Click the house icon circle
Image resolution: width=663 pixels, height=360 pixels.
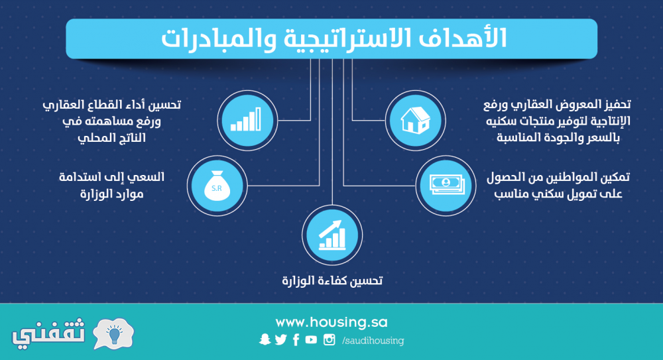point(415,121)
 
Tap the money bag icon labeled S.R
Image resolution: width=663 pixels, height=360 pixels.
point(217,186)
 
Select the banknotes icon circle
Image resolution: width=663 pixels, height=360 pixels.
point(446,186)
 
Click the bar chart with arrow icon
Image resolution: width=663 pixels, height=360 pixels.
point(332,235)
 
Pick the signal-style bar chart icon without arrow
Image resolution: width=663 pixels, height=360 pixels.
point(246,120)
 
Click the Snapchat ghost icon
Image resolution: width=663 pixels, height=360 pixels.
point(265,339)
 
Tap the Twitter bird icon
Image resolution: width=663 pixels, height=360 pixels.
point(280,339)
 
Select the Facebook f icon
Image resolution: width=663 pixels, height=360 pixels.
point(296,339)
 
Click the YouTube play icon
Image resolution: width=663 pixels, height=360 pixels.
point(311,339)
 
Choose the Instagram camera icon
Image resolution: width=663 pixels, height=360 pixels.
point(330,339)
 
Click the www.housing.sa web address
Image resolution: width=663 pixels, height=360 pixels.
point(331,323)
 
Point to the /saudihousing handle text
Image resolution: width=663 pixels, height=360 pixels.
point(373,341)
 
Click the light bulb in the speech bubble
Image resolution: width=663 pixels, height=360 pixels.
point(114,333)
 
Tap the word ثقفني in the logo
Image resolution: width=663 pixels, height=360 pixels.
point(48,334)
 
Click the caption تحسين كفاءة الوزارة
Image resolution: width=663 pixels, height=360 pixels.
point(332,280)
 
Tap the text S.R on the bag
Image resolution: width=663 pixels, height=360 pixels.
point(217,188)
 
